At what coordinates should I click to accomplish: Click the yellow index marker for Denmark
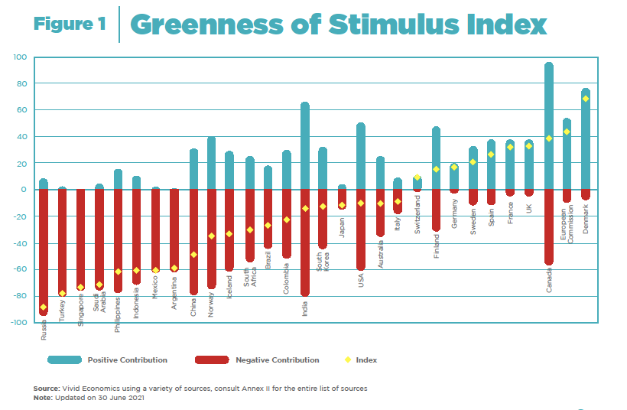coord(586,99)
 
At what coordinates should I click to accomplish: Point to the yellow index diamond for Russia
coord(44,307)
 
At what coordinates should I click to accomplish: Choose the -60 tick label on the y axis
coord(18,270)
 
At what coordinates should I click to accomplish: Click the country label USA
coord(361,281)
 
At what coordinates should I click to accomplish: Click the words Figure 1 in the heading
coord(70,24)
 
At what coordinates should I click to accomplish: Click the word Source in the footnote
coord(47,389)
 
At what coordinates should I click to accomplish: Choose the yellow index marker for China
coord(193,255)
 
